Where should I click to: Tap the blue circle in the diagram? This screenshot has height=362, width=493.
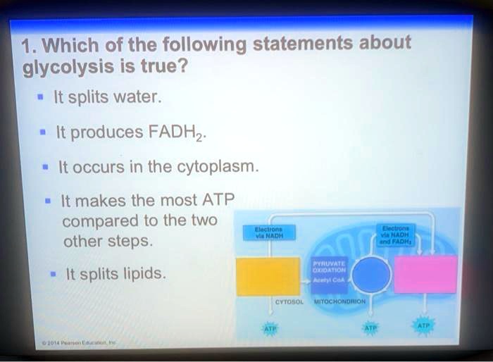click(x=370, y=275)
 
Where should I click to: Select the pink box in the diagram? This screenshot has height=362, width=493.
click(x=425, y=274)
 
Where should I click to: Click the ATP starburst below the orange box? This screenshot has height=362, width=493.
click(x=269, y=328)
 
